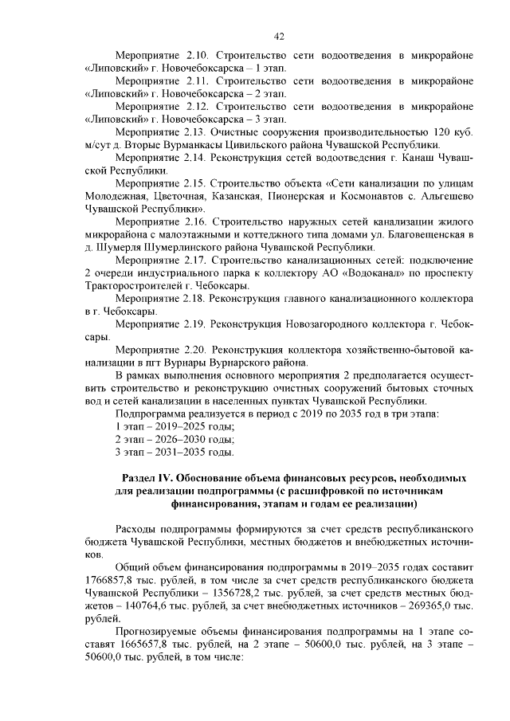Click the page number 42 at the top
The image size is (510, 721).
[x=279, y=36]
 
